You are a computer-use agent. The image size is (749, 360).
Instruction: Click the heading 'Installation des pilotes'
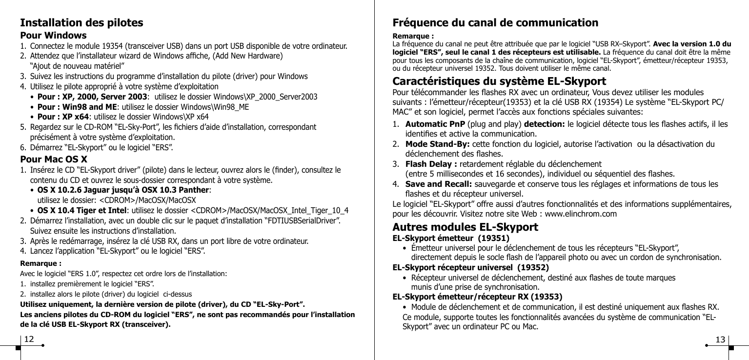click(81, 23)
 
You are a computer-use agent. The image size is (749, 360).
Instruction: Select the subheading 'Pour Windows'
click(53, 36)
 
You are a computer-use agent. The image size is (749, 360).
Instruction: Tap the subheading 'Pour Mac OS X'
click(54, 159)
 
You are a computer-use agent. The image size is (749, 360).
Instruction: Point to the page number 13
click(720, 339)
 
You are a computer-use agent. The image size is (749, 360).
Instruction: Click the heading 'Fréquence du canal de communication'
click(495, 23)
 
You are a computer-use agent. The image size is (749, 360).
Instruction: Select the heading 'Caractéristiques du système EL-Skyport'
click(500, 81)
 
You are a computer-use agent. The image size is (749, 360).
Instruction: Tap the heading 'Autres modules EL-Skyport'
click(466, 227)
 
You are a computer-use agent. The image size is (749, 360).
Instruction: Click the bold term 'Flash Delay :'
click(431, 163)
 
